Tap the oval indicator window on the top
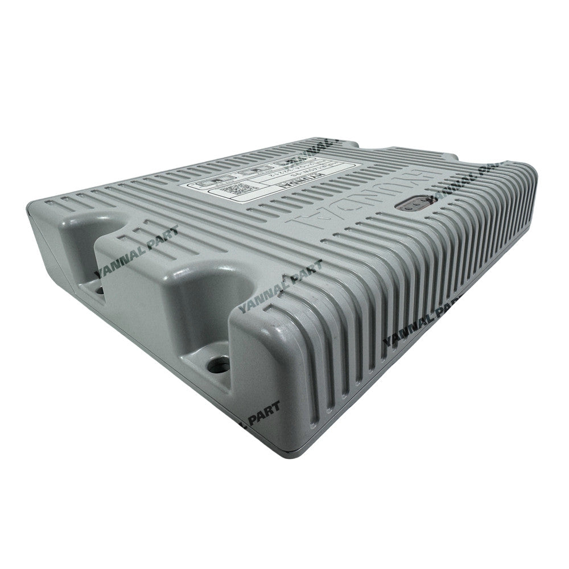tap(418, 203)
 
